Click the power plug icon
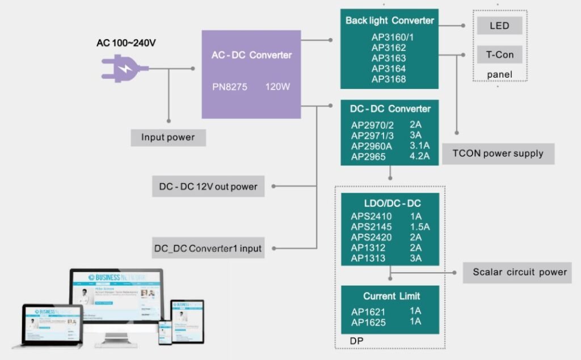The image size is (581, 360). [x=124, y=69]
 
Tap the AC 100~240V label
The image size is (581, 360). [x=126, y=43]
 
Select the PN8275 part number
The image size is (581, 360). [x=230, y=88]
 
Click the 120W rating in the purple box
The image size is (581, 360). [x=279, y=88]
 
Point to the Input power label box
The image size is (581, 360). [x=168, y=137]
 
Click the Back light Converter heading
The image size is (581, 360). [x=389, y=20]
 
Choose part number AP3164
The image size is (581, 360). [x=389, y=69]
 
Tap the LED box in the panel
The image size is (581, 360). [x=499, y=26]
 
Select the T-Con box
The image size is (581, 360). [x=499, y=55]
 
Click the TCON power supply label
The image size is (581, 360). [x=498, y=153]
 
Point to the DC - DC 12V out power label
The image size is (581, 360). [x=208, y=187]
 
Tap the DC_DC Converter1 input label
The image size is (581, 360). [x=208, y=248]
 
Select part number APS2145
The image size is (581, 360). [x=371, y=227]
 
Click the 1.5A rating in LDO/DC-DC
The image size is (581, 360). [x=419, y=227]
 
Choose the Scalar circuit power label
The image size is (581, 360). [x=520, y=272]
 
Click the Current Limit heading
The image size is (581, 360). [x=391, y=296]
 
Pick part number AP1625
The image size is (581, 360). [x=368, y=323]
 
